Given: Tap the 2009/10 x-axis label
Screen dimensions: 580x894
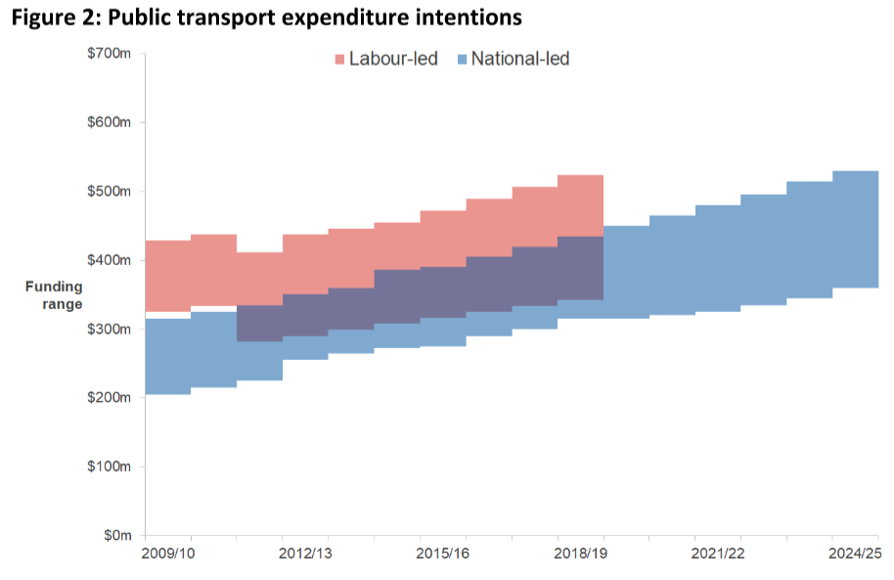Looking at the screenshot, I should (167, 554).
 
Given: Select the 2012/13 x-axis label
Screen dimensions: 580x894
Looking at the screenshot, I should (305, 554).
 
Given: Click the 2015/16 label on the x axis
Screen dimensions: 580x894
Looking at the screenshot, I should (442, 554).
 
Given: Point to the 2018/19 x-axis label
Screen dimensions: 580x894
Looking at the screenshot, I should (580, 554).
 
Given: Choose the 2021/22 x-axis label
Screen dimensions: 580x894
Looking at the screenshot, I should (718, 554).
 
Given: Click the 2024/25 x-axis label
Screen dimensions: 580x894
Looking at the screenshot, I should (855, 554).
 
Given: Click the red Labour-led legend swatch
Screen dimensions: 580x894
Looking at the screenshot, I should (340, 60).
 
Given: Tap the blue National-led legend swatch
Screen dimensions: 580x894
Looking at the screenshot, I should (461, 60).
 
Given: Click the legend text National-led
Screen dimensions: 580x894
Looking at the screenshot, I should (520, 59).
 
